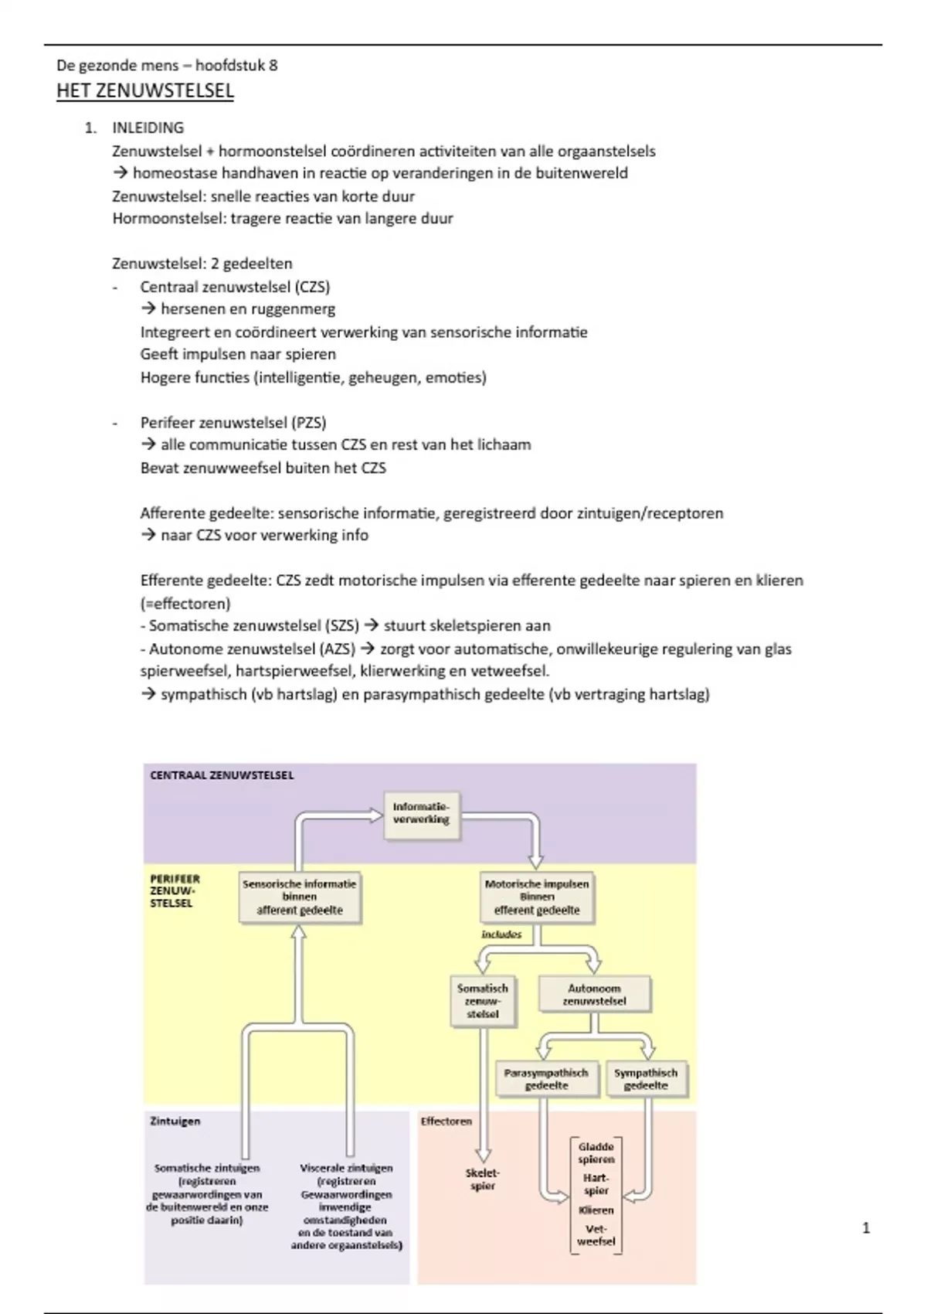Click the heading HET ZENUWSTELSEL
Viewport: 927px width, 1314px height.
145,91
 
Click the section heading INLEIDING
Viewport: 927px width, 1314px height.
148,128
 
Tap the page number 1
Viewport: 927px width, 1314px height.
866,1227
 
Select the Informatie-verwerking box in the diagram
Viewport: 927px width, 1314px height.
421,813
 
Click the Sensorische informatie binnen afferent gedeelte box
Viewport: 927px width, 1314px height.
300,897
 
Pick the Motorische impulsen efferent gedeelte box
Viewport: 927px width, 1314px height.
537,897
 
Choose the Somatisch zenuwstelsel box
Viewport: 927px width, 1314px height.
483,1001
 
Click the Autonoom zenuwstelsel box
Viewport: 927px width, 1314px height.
594,994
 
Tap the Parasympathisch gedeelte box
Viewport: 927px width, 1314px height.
546,1079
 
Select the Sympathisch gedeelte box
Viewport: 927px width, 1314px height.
646,1079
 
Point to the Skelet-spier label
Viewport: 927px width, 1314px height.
483,1180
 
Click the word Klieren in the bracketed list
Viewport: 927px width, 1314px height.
596,1210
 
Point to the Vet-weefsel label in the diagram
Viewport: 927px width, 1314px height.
596,1235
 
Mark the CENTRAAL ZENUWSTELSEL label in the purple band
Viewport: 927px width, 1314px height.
222,775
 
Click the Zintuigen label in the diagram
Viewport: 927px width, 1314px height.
175,1121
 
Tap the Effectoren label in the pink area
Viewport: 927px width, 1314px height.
446,1121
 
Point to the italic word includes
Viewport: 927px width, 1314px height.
501,934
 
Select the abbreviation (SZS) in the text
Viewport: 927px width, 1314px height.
341,626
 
